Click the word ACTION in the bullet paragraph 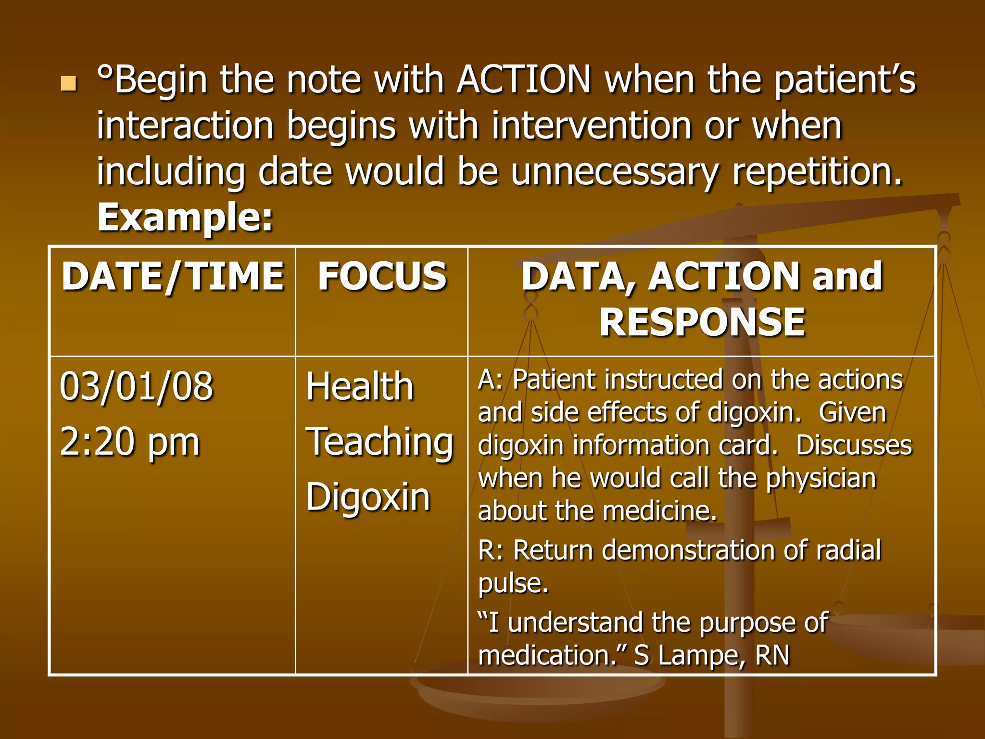[x=523, y=79]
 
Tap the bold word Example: [x=185, y=217]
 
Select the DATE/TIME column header [x=173, y=277]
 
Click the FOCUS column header [x=382, y=277]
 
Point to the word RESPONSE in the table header [x=702, y=322]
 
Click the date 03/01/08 [x=137, y=386]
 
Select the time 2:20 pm [x=130, y=442]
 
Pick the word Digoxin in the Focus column [x=368, y=497]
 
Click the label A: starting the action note [x=490, y=380]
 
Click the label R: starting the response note [x=491, y=550]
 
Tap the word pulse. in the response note [x=513, y=583]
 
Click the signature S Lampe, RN [x=711, y=655]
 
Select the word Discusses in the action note [x=854, y=446]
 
